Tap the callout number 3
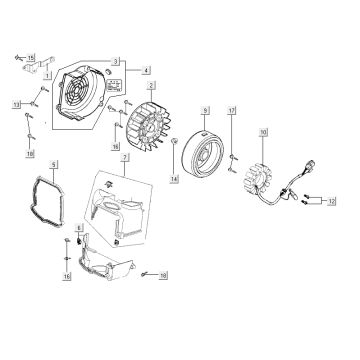[x=116, y=61]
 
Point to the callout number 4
[x=146, y=70]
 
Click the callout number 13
[x=17, y=103]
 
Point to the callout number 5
[x=54, y=162]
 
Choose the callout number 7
[x=124, y=159]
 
